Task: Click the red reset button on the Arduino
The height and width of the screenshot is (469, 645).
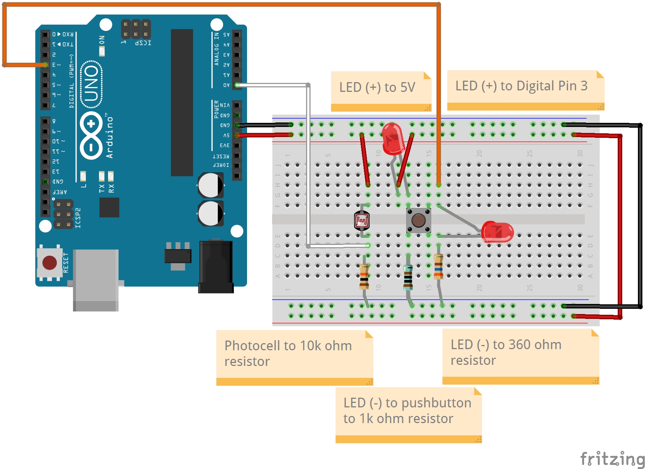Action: [x=49, y=263]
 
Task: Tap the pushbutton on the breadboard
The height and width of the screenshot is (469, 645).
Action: [x=418, y=220]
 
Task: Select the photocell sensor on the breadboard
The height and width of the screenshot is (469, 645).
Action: [x=361, y=221]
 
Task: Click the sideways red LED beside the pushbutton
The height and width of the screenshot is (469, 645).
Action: [x=497, y=232]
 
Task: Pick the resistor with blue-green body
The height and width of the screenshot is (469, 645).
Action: [x=408, y=277]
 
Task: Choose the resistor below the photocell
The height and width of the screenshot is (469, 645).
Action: [x=364, y=276]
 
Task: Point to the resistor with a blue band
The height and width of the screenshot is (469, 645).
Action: [x=438, y=267]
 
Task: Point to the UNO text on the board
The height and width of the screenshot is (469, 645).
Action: [x=92, y=84]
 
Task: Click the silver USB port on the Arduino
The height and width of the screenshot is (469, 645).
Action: [x=96, y=280]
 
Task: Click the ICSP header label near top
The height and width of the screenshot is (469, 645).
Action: [x=143, y=43]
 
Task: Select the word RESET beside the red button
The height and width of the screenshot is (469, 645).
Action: [x=66, y=263]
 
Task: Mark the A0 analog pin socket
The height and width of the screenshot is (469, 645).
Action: [x=237, y=85]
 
